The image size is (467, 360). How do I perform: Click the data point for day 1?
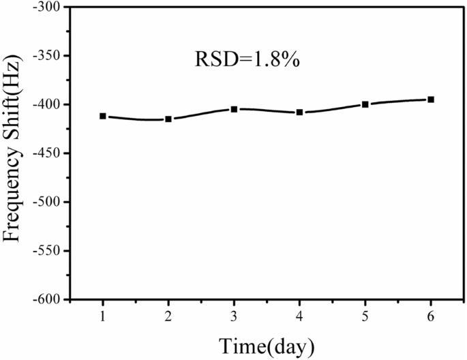[x=103, y=116]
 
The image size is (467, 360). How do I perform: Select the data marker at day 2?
[x=168, y=119]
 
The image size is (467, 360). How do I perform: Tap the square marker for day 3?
[x=234, y=109]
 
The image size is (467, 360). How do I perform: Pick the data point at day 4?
[x=299, y=112]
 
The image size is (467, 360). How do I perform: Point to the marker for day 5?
[x=365, y=104]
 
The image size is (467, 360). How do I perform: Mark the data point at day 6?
[x=431, y=100]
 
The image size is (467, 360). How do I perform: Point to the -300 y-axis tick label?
[x=46, y=7]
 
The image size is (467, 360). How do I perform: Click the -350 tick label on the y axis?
[x=46, y=56]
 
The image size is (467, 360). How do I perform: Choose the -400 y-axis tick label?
[x=46, y=104]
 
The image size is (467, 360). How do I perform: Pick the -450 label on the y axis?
[x=46, y=153]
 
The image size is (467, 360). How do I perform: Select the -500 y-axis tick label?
[x=46, y=202]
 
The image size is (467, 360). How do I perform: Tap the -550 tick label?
[x=46, y=251]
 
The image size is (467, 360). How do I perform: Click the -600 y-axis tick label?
[x=46, y=299]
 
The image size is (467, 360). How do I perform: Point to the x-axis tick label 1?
[x=103, y=316]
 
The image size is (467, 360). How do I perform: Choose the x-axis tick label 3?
[x=234, y=316]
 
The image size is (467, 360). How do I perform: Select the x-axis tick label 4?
[x=299, y=316]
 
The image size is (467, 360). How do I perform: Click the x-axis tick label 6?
[x=431, y=316]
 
